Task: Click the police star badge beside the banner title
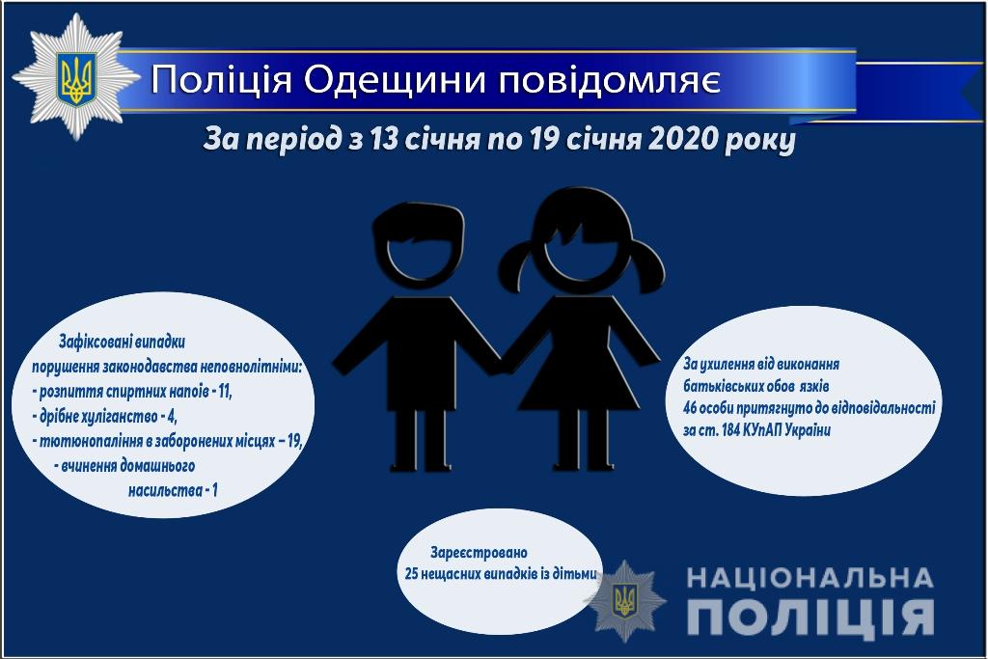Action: (75, 76)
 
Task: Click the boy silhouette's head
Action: (417, 247)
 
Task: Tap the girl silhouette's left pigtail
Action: (521, 264)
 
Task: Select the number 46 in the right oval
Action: (691, 408)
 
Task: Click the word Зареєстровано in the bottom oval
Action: (480, 553)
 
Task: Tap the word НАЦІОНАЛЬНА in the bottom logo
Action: (810, 578)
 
